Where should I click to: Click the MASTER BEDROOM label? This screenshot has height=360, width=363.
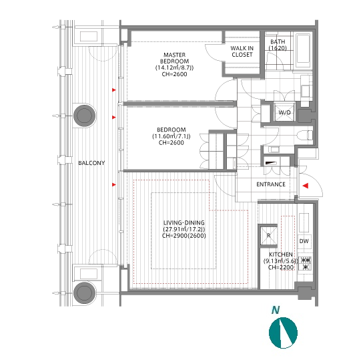coord(174,58)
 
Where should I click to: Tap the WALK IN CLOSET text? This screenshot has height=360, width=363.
coord(242,51)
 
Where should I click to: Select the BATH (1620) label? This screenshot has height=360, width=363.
coord(278,45)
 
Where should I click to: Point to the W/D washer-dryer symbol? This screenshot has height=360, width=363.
coord(284,113)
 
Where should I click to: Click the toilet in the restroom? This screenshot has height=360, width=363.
coord(304,136)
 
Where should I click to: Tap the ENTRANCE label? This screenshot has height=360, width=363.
coord(271,184)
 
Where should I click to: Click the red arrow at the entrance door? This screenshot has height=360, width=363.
coord(306,186)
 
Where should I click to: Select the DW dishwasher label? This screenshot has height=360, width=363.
coord(304,241)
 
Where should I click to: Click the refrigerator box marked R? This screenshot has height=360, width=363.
coord(268,236)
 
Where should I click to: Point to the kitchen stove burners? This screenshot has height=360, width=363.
coord(305,264)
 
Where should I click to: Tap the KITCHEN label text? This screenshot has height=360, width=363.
coord(280,254)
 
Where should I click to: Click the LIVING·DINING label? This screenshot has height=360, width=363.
coord(184,223)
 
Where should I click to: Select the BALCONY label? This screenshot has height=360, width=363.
coord(91,163)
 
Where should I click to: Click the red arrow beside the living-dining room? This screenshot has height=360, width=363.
coord(114,184)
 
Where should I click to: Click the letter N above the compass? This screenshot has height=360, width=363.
coord(276,310)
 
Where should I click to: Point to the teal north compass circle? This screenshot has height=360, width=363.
coord(283,333)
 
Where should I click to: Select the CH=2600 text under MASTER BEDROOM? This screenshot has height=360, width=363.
coord(174,74)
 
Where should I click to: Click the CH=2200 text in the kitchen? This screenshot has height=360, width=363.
coord(280,267)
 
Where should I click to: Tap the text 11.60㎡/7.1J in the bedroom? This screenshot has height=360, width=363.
coord(171,136)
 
